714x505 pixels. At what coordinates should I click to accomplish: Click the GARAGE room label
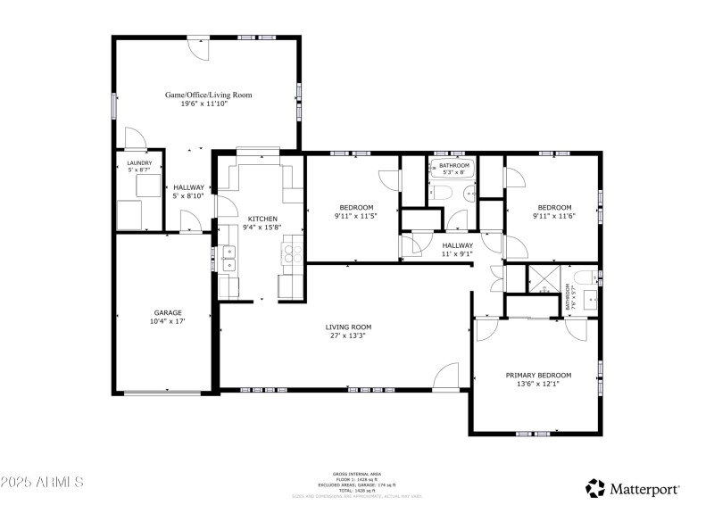click(x=167, y=312)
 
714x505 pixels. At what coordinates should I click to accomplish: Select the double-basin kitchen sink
click(x=228, y=258)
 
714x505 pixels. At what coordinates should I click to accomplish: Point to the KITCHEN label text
click(x=262, y=219)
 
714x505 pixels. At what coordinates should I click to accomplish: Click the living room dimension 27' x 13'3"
click(x=347, y=335)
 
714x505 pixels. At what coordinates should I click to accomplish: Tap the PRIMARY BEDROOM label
click(x=538, y=375)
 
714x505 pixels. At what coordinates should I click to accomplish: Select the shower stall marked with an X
click(x=541, y=279)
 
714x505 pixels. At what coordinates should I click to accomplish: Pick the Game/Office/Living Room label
click(x=208, y=94)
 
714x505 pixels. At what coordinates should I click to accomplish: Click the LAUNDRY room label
click(x=139, y=163)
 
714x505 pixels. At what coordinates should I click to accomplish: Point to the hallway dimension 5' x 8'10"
click(x=189, y=195)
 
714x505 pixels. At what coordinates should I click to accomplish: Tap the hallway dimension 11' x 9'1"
click(x=457, y=254)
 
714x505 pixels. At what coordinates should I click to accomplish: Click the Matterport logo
click(x=633, y=488)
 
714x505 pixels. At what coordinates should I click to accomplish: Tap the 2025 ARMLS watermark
click(x=42, y=483)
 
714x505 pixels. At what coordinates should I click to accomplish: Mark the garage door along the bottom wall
click(x=166, y=392)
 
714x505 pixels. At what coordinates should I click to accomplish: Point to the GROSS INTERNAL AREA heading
click(x=356, y=474)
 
